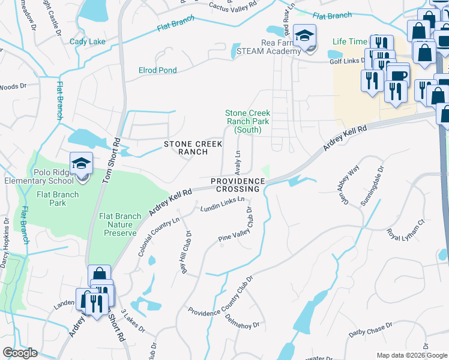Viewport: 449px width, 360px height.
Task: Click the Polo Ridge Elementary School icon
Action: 81,164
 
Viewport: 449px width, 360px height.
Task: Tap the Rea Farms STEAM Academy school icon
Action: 305,36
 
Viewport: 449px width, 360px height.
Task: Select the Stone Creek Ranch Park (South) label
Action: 247,121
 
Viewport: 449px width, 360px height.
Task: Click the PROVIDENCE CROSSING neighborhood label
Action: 238,185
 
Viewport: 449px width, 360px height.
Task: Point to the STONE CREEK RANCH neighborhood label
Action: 193,148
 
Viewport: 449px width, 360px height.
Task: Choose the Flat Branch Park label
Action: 59,199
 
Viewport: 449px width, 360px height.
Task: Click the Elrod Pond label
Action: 157,70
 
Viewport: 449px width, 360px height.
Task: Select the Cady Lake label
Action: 88,41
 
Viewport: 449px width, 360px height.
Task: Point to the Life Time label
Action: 349,41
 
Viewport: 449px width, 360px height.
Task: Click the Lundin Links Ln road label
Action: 223,203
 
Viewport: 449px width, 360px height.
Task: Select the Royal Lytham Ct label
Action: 406,230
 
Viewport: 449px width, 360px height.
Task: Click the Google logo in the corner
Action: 20,353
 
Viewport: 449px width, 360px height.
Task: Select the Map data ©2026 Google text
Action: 411,355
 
